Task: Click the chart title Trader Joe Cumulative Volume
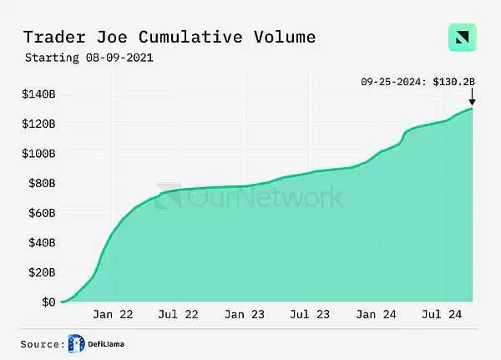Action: coord(169,38)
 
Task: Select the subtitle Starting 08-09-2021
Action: coord(89,58)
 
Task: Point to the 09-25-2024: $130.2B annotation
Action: coord(417,81)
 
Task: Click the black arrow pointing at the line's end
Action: coord(472,99)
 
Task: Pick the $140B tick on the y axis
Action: coord(38,94)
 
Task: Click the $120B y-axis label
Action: coord(38,124)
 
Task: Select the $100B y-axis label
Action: coord(38,154)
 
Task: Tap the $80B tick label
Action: coord(41,183)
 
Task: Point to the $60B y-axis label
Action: coord(41,213)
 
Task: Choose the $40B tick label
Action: coord(41,242)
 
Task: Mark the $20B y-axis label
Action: coord(41,272)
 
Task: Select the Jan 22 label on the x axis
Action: coord(113,315)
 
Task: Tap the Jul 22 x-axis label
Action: coord(178,315)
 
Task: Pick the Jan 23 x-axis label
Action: coord(245,315)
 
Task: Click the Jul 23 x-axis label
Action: coord(310,315)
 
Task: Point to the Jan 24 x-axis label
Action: coord(376,315)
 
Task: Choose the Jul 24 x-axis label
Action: coord(441,315)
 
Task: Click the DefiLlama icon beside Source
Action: coord(77,343)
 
